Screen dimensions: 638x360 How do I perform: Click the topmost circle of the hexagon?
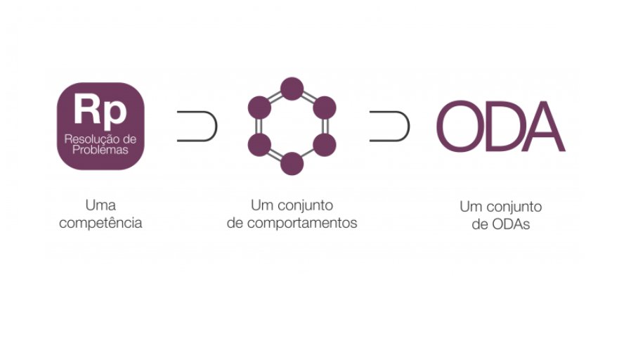point(292,89)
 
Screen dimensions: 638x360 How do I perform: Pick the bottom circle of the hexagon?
point(292,164)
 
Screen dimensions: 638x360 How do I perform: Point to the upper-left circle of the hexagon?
point(259,108)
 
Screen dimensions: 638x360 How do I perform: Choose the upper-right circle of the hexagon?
point(324,108)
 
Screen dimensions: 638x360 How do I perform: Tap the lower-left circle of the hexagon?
point(259,146)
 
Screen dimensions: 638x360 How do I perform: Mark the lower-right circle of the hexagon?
point(324,146)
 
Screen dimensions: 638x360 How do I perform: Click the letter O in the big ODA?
point(460,127)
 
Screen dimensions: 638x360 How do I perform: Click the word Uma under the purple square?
point(100,206)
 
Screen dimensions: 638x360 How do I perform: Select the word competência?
point(100,224)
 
